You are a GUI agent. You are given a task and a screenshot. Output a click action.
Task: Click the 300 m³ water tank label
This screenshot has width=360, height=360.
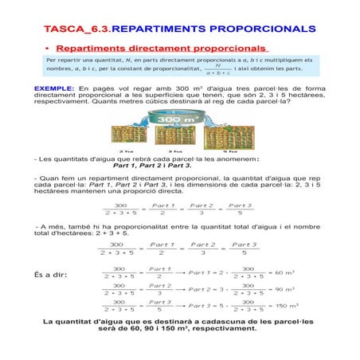click(181, 120)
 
